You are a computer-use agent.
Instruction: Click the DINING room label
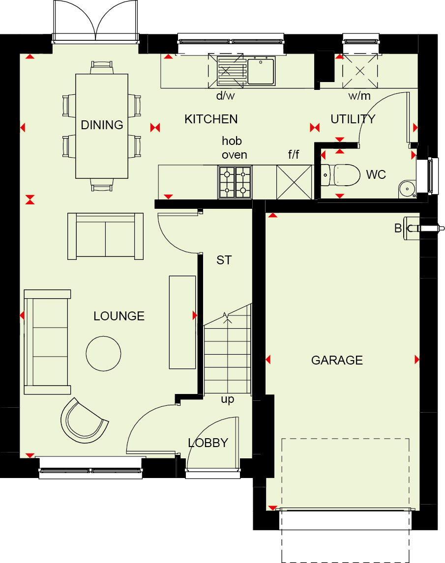click(102, 125)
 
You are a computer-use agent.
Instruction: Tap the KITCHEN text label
click(211, 119)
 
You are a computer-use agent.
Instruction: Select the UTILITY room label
click(353, 119)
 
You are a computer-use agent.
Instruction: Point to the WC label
click(376, 174)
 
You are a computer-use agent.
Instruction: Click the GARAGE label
click(337, 360)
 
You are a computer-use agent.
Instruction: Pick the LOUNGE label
click(119, 316)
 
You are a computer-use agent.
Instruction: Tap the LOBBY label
click(208, 443)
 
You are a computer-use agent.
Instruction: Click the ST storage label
click(224, 260)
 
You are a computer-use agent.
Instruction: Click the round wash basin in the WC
click(407, 187)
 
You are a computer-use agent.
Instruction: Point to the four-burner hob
click(235, 182)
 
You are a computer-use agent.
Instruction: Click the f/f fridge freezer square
click(294, 182)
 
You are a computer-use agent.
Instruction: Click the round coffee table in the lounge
click(103, 353)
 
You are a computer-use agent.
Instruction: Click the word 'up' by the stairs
click(227, 399)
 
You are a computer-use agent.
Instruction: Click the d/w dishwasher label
click(226, 96)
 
